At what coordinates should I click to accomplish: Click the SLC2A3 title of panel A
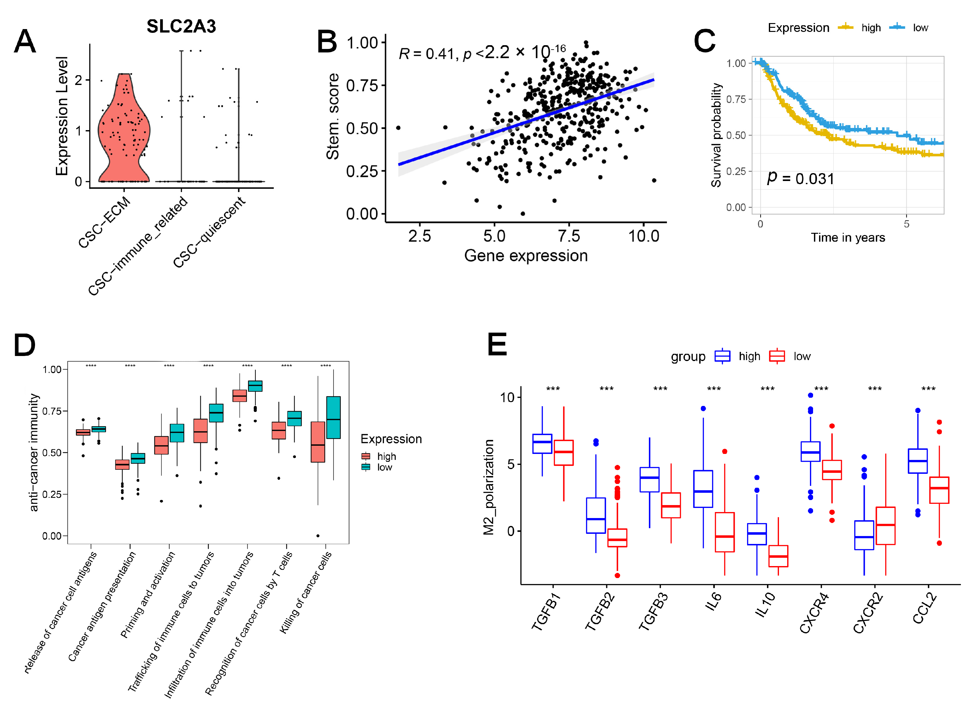click(x=181, y=27)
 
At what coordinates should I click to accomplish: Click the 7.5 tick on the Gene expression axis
click(x=569, y=236)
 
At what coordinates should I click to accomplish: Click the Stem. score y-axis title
click(x=333, y=116)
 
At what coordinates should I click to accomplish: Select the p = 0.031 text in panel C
click(x=800, y=178)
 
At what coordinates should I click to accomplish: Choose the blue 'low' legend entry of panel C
click(x=911, y=28)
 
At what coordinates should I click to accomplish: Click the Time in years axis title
click(x=848, y=238)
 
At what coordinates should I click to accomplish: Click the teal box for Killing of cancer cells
click(x=333, y=417)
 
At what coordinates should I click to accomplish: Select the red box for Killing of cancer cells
click(x=318, y=442)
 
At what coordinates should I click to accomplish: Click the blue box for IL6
click(x=703, y=489)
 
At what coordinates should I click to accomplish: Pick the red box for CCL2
click(x=939, y=490)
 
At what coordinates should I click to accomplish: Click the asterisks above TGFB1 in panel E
click(x=553, y=389)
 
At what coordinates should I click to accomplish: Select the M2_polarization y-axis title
click(x=488, y=487)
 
